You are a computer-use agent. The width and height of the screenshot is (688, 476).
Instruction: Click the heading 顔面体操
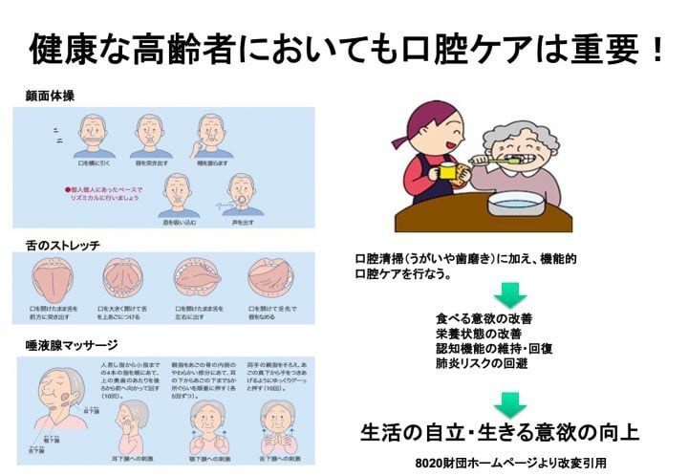click(x=50, y=96)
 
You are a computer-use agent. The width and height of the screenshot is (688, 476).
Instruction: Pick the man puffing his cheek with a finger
click(x=214, y=133)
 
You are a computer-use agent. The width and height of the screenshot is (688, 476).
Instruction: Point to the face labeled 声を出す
click(x=244, y=193)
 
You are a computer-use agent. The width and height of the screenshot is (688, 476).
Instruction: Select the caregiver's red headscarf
click(x=426, y=119)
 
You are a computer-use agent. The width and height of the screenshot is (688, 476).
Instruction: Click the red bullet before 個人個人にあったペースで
click(x=68, y=189)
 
